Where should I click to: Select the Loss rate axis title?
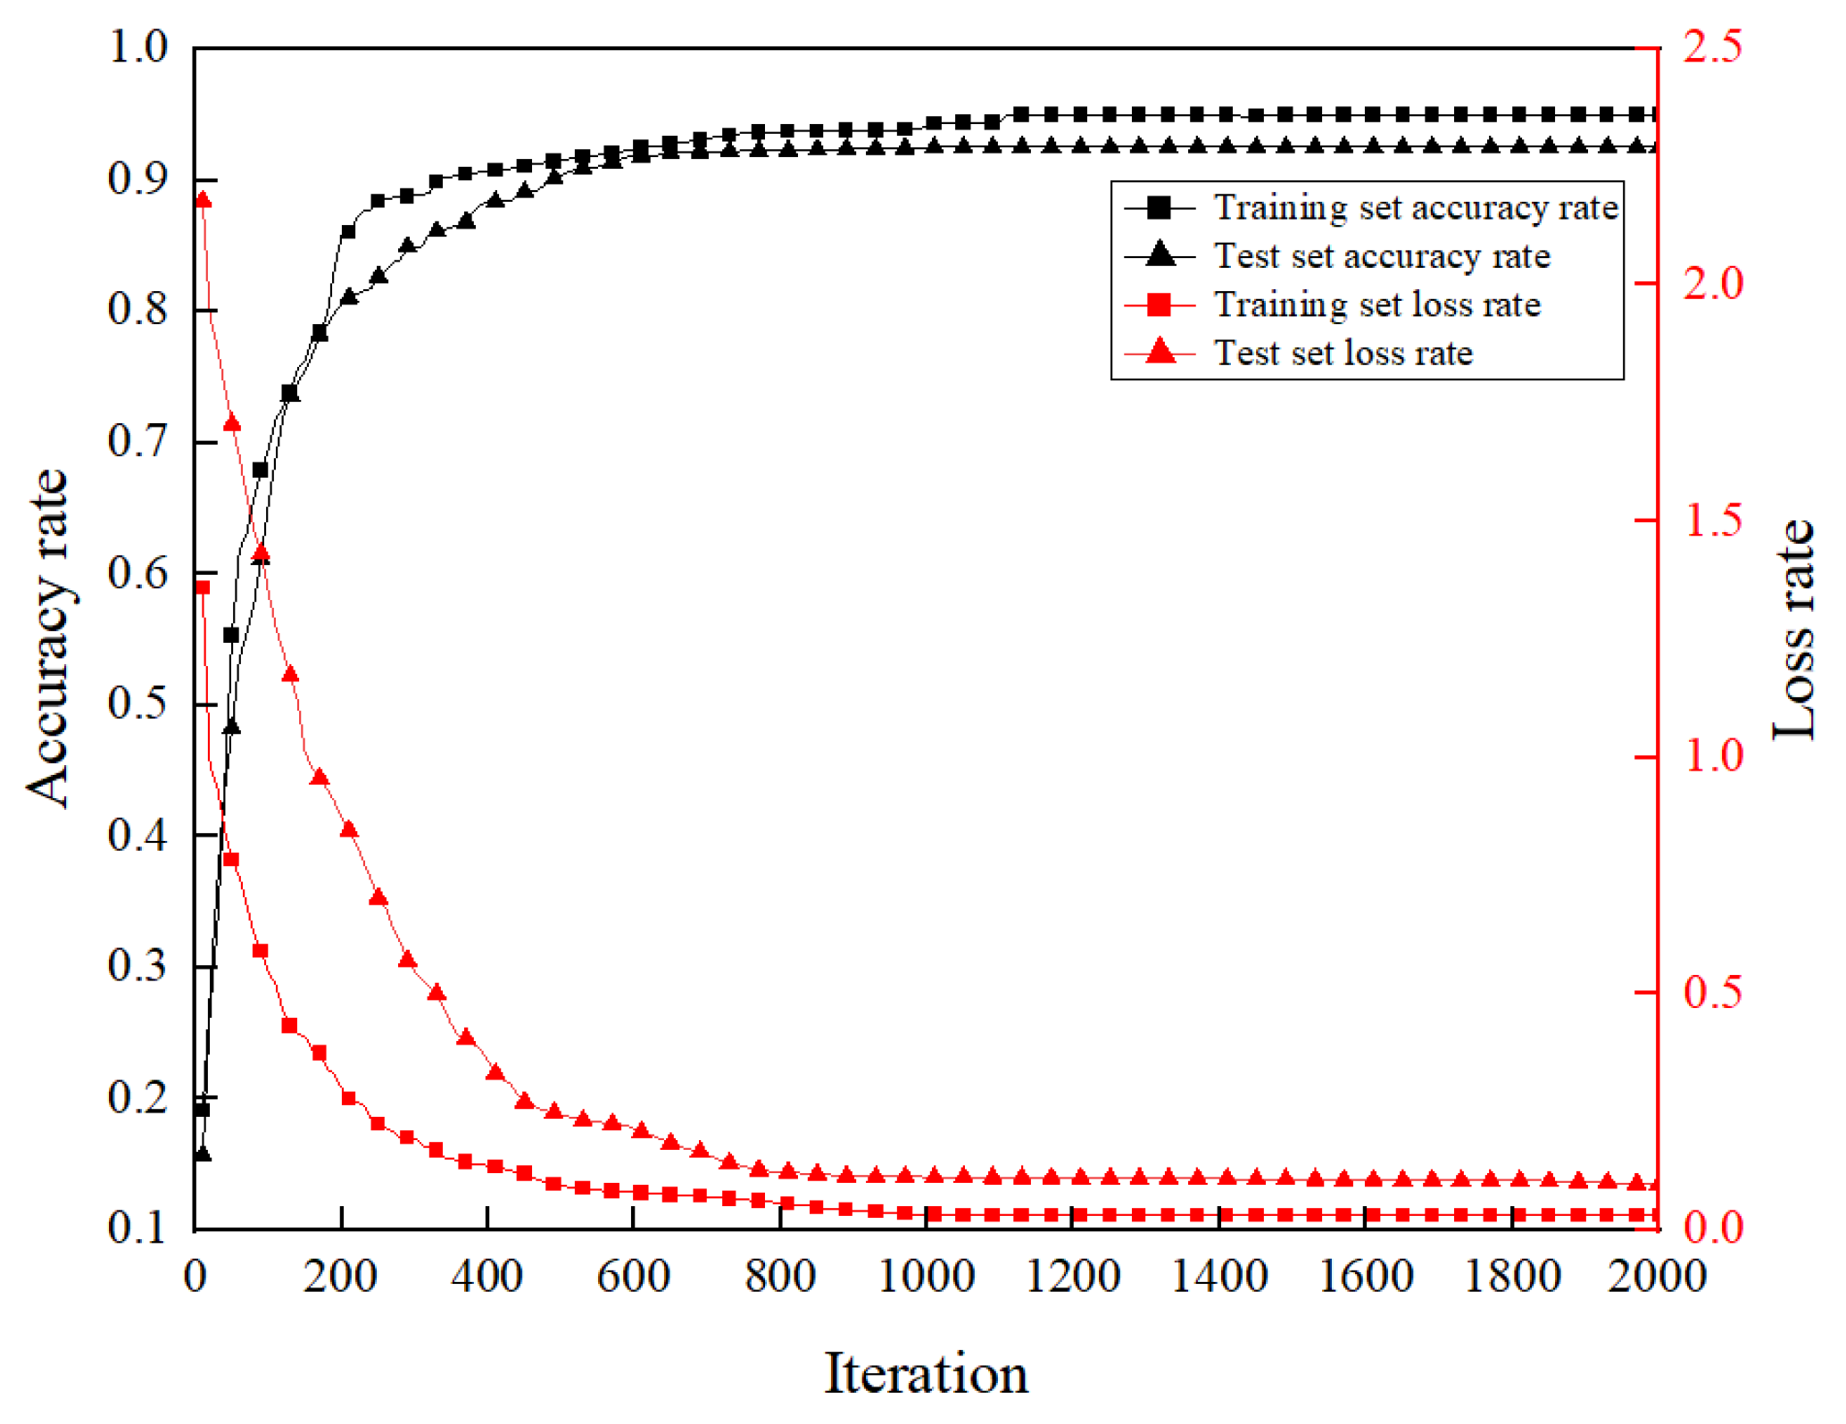click(1792, 629)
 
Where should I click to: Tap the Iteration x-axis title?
click(926, 1373)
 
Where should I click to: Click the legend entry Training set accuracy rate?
click(1415, 207)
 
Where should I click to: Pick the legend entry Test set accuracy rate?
click(1381, 256)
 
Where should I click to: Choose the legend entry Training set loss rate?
click(1376, 304)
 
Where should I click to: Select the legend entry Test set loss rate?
click(1343, 354)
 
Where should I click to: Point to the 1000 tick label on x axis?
click(926, 1276)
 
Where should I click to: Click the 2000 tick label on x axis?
click(1656, 1276)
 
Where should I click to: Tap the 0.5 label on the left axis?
click(137, 704)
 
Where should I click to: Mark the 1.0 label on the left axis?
click(137, 46)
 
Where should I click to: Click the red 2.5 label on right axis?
click(1712, 46)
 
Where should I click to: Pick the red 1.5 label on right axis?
click(1712, 520)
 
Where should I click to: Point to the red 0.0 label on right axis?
click(1712, 1228)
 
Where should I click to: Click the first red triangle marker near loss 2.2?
click(203, 200)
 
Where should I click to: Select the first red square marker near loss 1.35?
click(203, 587)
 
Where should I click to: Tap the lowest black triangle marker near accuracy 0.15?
click(203, 1153)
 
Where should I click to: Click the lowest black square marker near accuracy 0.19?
click(203, 1109)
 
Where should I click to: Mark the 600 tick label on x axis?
click(633, 1276)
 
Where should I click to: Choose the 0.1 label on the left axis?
click(137, 1228)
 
